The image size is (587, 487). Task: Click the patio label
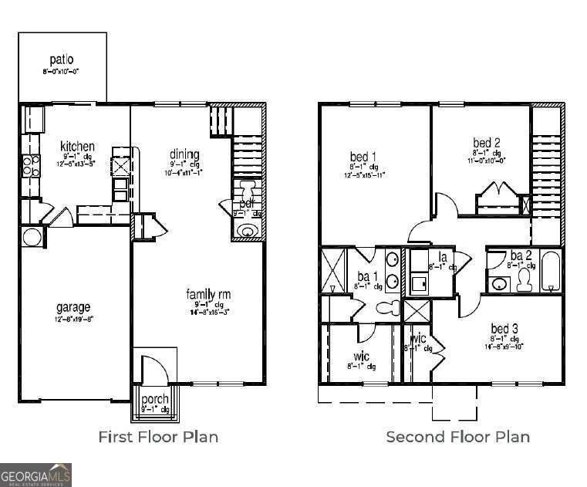tap(61, 59)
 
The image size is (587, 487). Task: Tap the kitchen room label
tap(78, 147)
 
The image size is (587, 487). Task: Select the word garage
tap(73, 307)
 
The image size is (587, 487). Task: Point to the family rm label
tap(208, 295)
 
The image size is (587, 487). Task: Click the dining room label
tap(184, 154)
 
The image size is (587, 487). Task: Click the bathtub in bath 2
tap(551, 272)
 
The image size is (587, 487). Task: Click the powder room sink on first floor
tap(247, 231)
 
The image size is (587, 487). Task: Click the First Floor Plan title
tap(158, 437)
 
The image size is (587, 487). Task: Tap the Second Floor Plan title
tap(457, 437)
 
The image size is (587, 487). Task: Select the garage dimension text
tap(73, 319)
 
